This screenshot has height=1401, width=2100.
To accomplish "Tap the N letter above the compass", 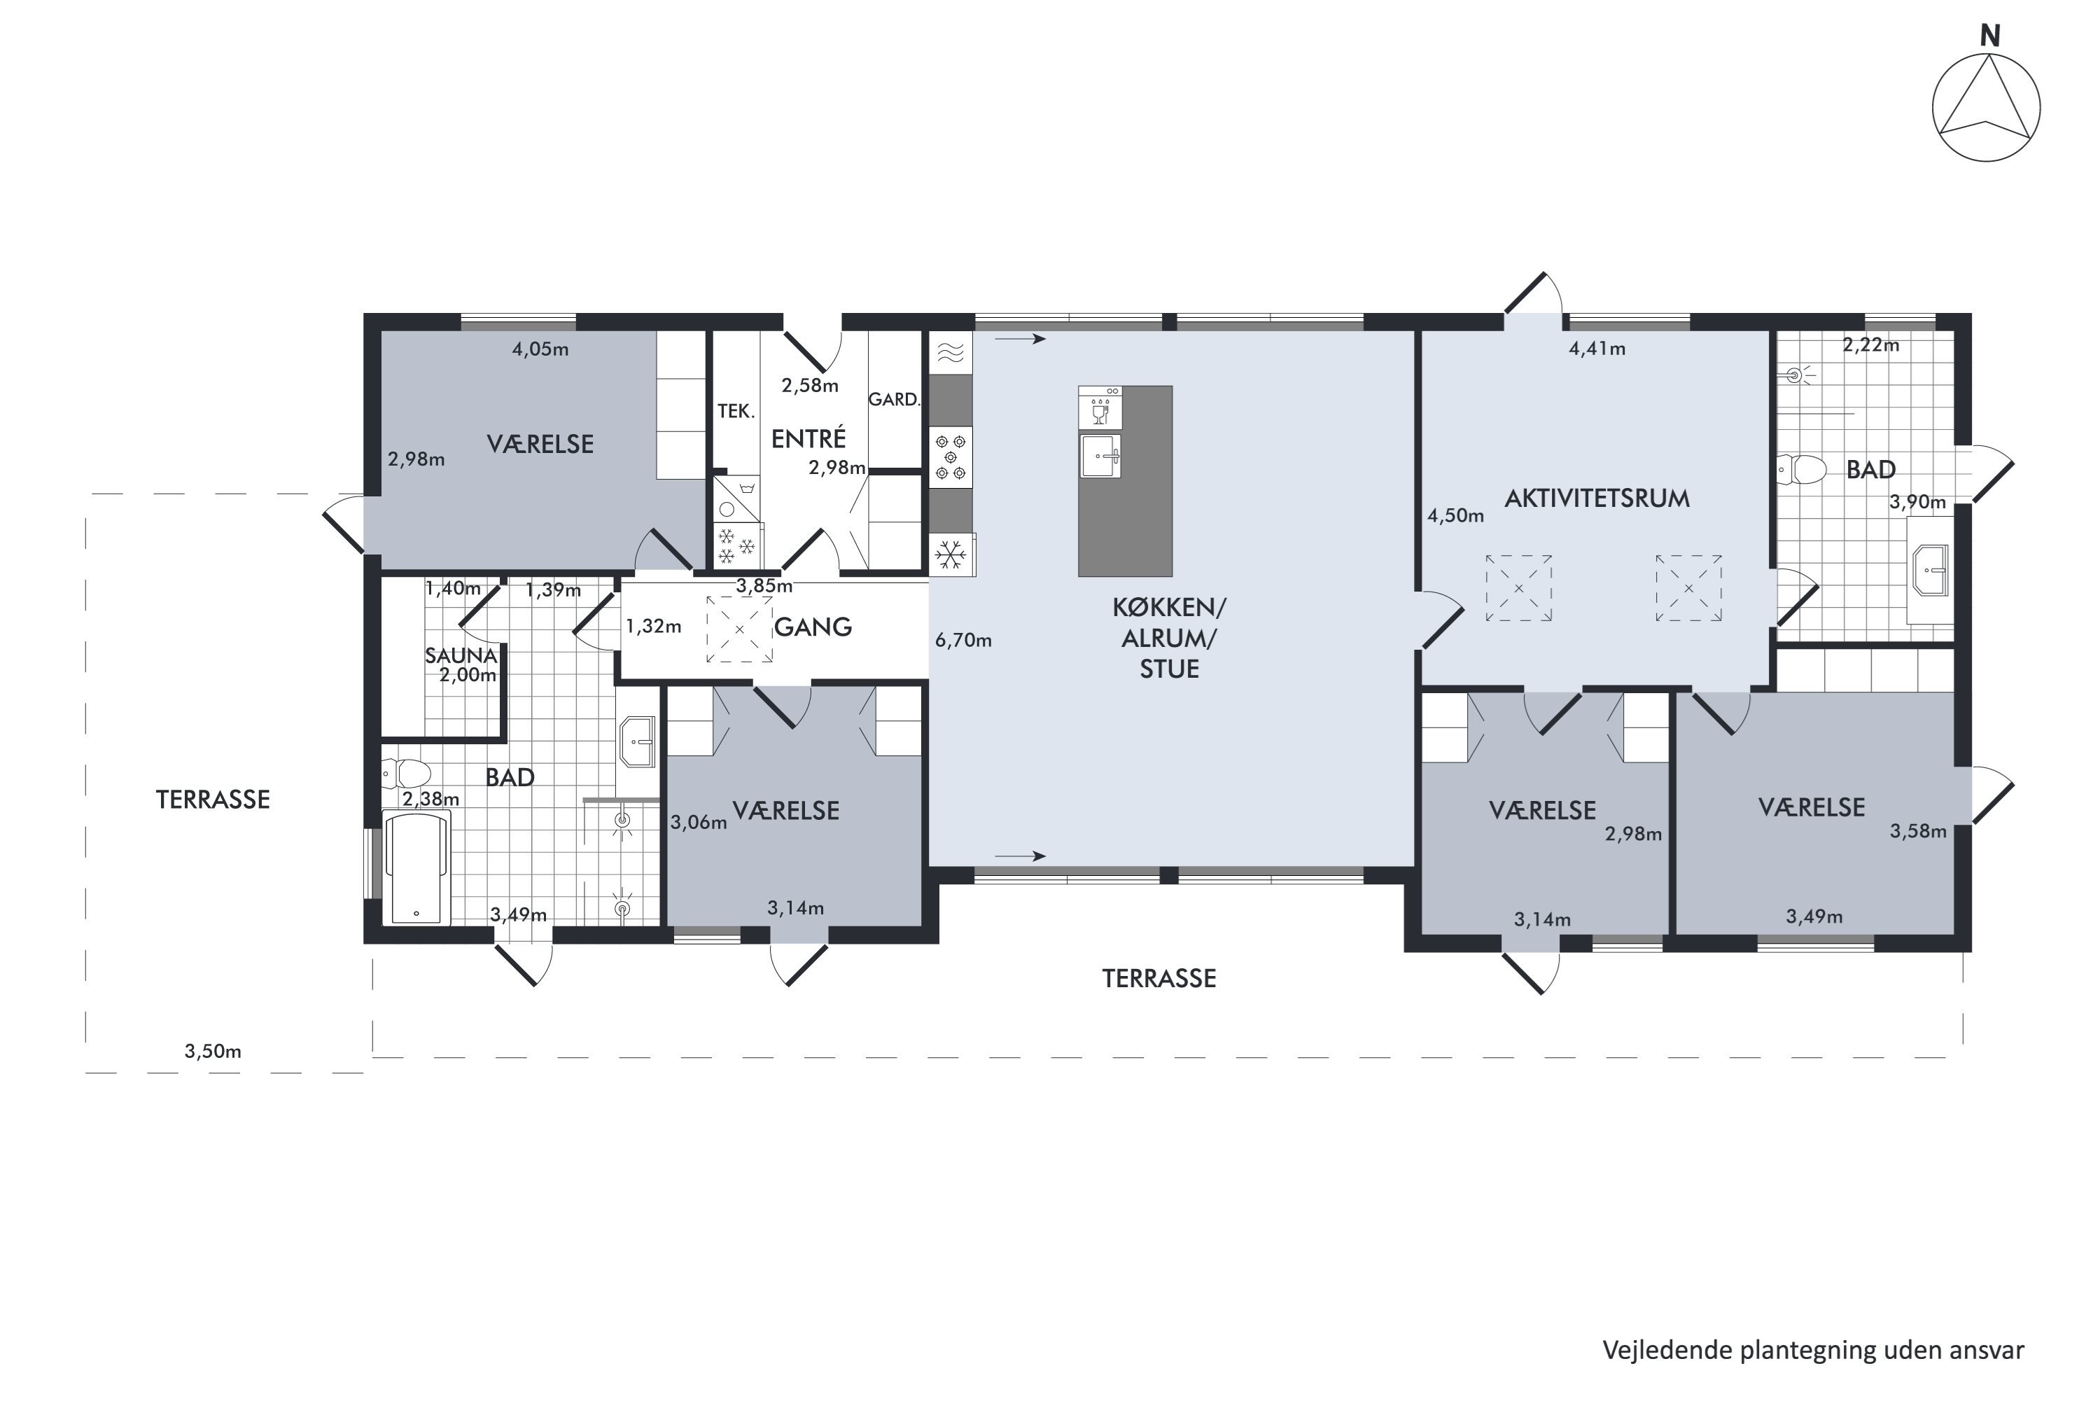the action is (x=1989, y=36).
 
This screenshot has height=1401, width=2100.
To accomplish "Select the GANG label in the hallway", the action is (x=812, y=627).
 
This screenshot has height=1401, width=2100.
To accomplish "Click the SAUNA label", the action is (x=460, y=656).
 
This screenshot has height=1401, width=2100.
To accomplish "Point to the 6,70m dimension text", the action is (x=963, y=641).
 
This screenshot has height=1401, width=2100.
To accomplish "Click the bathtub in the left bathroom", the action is (x=416, y=867).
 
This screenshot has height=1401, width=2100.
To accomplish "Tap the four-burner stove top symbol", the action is (x=951, y=457).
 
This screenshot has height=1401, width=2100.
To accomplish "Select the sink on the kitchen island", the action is (x=1100, y=456).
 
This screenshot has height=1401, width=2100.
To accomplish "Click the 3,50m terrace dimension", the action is (x=213, y=1051).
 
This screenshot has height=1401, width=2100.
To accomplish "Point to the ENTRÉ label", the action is (x=808, y=439).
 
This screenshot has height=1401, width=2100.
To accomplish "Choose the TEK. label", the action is (x=736, y=411).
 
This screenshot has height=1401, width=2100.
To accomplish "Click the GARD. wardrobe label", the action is (x=894, y=399).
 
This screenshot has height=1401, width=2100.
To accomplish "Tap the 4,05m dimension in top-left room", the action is (x=540, y=349).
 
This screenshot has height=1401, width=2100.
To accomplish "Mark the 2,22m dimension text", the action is (x=1870, y=345).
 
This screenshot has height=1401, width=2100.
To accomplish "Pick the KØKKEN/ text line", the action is (x=1169, y=608).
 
